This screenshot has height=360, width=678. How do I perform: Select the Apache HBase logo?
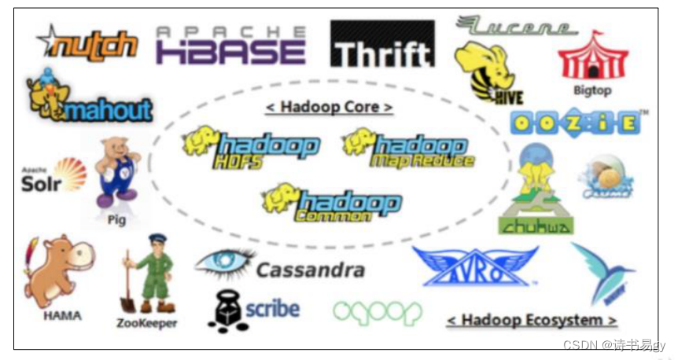230,45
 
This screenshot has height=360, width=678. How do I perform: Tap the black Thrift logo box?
382,44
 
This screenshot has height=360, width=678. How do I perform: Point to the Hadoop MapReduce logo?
409,149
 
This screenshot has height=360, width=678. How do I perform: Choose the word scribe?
272,307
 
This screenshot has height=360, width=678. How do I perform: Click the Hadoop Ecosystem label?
532,321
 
